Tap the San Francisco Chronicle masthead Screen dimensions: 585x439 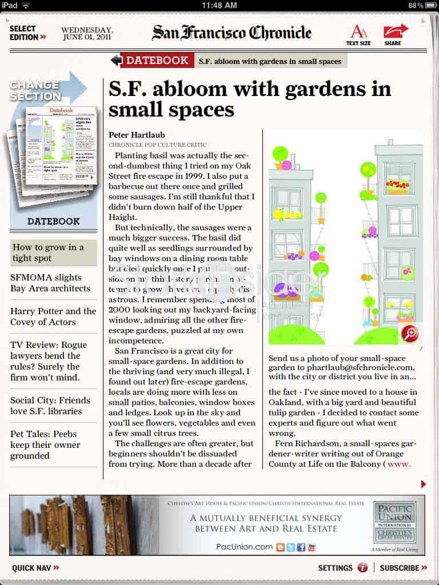232,33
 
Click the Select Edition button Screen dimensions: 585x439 27,33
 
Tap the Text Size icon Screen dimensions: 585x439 358,34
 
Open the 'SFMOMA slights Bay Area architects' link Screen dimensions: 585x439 46,283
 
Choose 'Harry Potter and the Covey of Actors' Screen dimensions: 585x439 53,316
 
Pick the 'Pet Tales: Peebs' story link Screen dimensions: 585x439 45,444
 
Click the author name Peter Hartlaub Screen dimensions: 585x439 137,135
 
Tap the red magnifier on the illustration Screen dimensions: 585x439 409,333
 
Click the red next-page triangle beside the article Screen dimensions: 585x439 423,484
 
